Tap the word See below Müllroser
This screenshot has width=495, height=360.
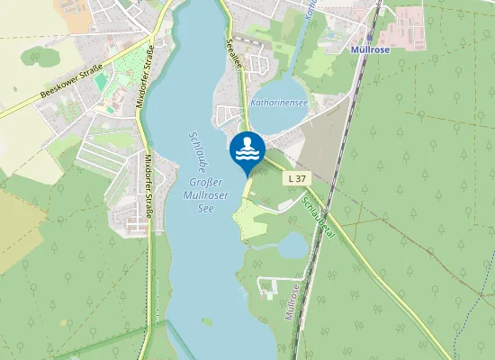pyautogui.click(x=209, y=206)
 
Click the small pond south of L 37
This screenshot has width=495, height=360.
pyautogui.click(x=292, y=245)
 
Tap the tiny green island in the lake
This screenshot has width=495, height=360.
pyautogui.click(x=208, y=321)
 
